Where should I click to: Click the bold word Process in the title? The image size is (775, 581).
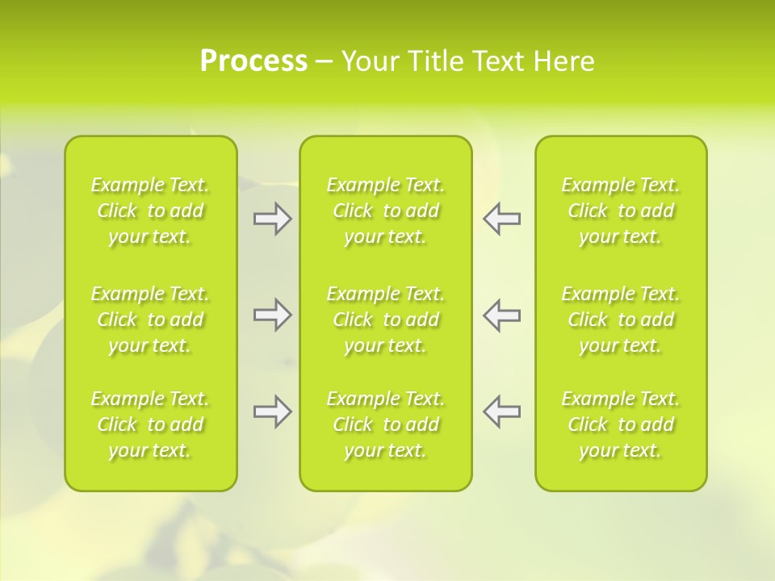point(253,61)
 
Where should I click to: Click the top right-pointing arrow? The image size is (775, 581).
point(272,219)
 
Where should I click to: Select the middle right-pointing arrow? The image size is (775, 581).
point(272,315)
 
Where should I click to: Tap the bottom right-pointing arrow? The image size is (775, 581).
point(272,412)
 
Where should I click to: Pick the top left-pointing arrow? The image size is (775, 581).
point(501,219)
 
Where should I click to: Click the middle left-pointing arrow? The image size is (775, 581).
point(501,315)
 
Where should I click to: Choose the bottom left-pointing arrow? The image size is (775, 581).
point(501,412)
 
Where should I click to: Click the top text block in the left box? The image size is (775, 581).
point(150,211)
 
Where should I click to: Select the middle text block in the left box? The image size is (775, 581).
point(150,320)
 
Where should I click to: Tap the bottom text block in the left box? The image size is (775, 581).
point(150,424)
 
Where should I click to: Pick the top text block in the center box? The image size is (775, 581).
point(386,211)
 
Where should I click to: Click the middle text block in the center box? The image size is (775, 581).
point(386,320)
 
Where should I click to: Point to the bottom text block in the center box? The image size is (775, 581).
point(386,424)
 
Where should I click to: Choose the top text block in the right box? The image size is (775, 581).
point(621,211)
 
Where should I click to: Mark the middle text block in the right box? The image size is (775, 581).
point(621,320)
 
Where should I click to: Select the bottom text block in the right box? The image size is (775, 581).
point(621,424)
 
